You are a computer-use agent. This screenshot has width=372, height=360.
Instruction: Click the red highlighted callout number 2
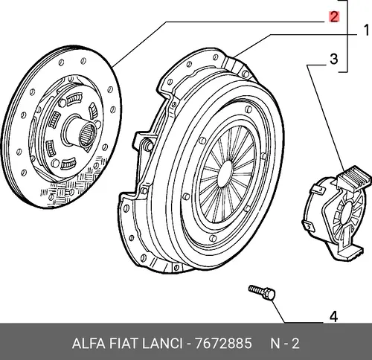tap(334, 17)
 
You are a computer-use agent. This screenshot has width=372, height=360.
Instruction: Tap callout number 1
tap(366, 30)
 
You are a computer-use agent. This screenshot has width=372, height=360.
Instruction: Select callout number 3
tap(334, 59)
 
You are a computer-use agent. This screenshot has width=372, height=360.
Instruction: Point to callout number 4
tap(334, 317)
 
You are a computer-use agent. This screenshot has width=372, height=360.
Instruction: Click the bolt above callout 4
tap(262, 292)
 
